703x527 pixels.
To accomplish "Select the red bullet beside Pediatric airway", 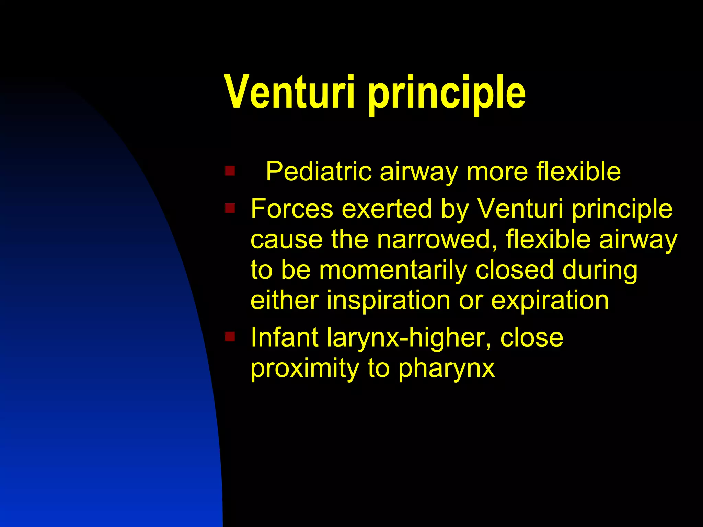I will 230,171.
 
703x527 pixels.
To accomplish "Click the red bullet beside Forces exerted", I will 230,208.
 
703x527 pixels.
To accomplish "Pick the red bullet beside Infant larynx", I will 230,337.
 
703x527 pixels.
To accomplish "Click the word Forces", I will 292,209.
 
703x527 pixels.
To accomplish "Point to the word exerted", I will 387,209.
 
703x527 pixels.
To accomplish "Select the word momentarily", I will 393,270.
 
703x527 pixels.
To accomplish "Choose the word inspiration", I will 388,301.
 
